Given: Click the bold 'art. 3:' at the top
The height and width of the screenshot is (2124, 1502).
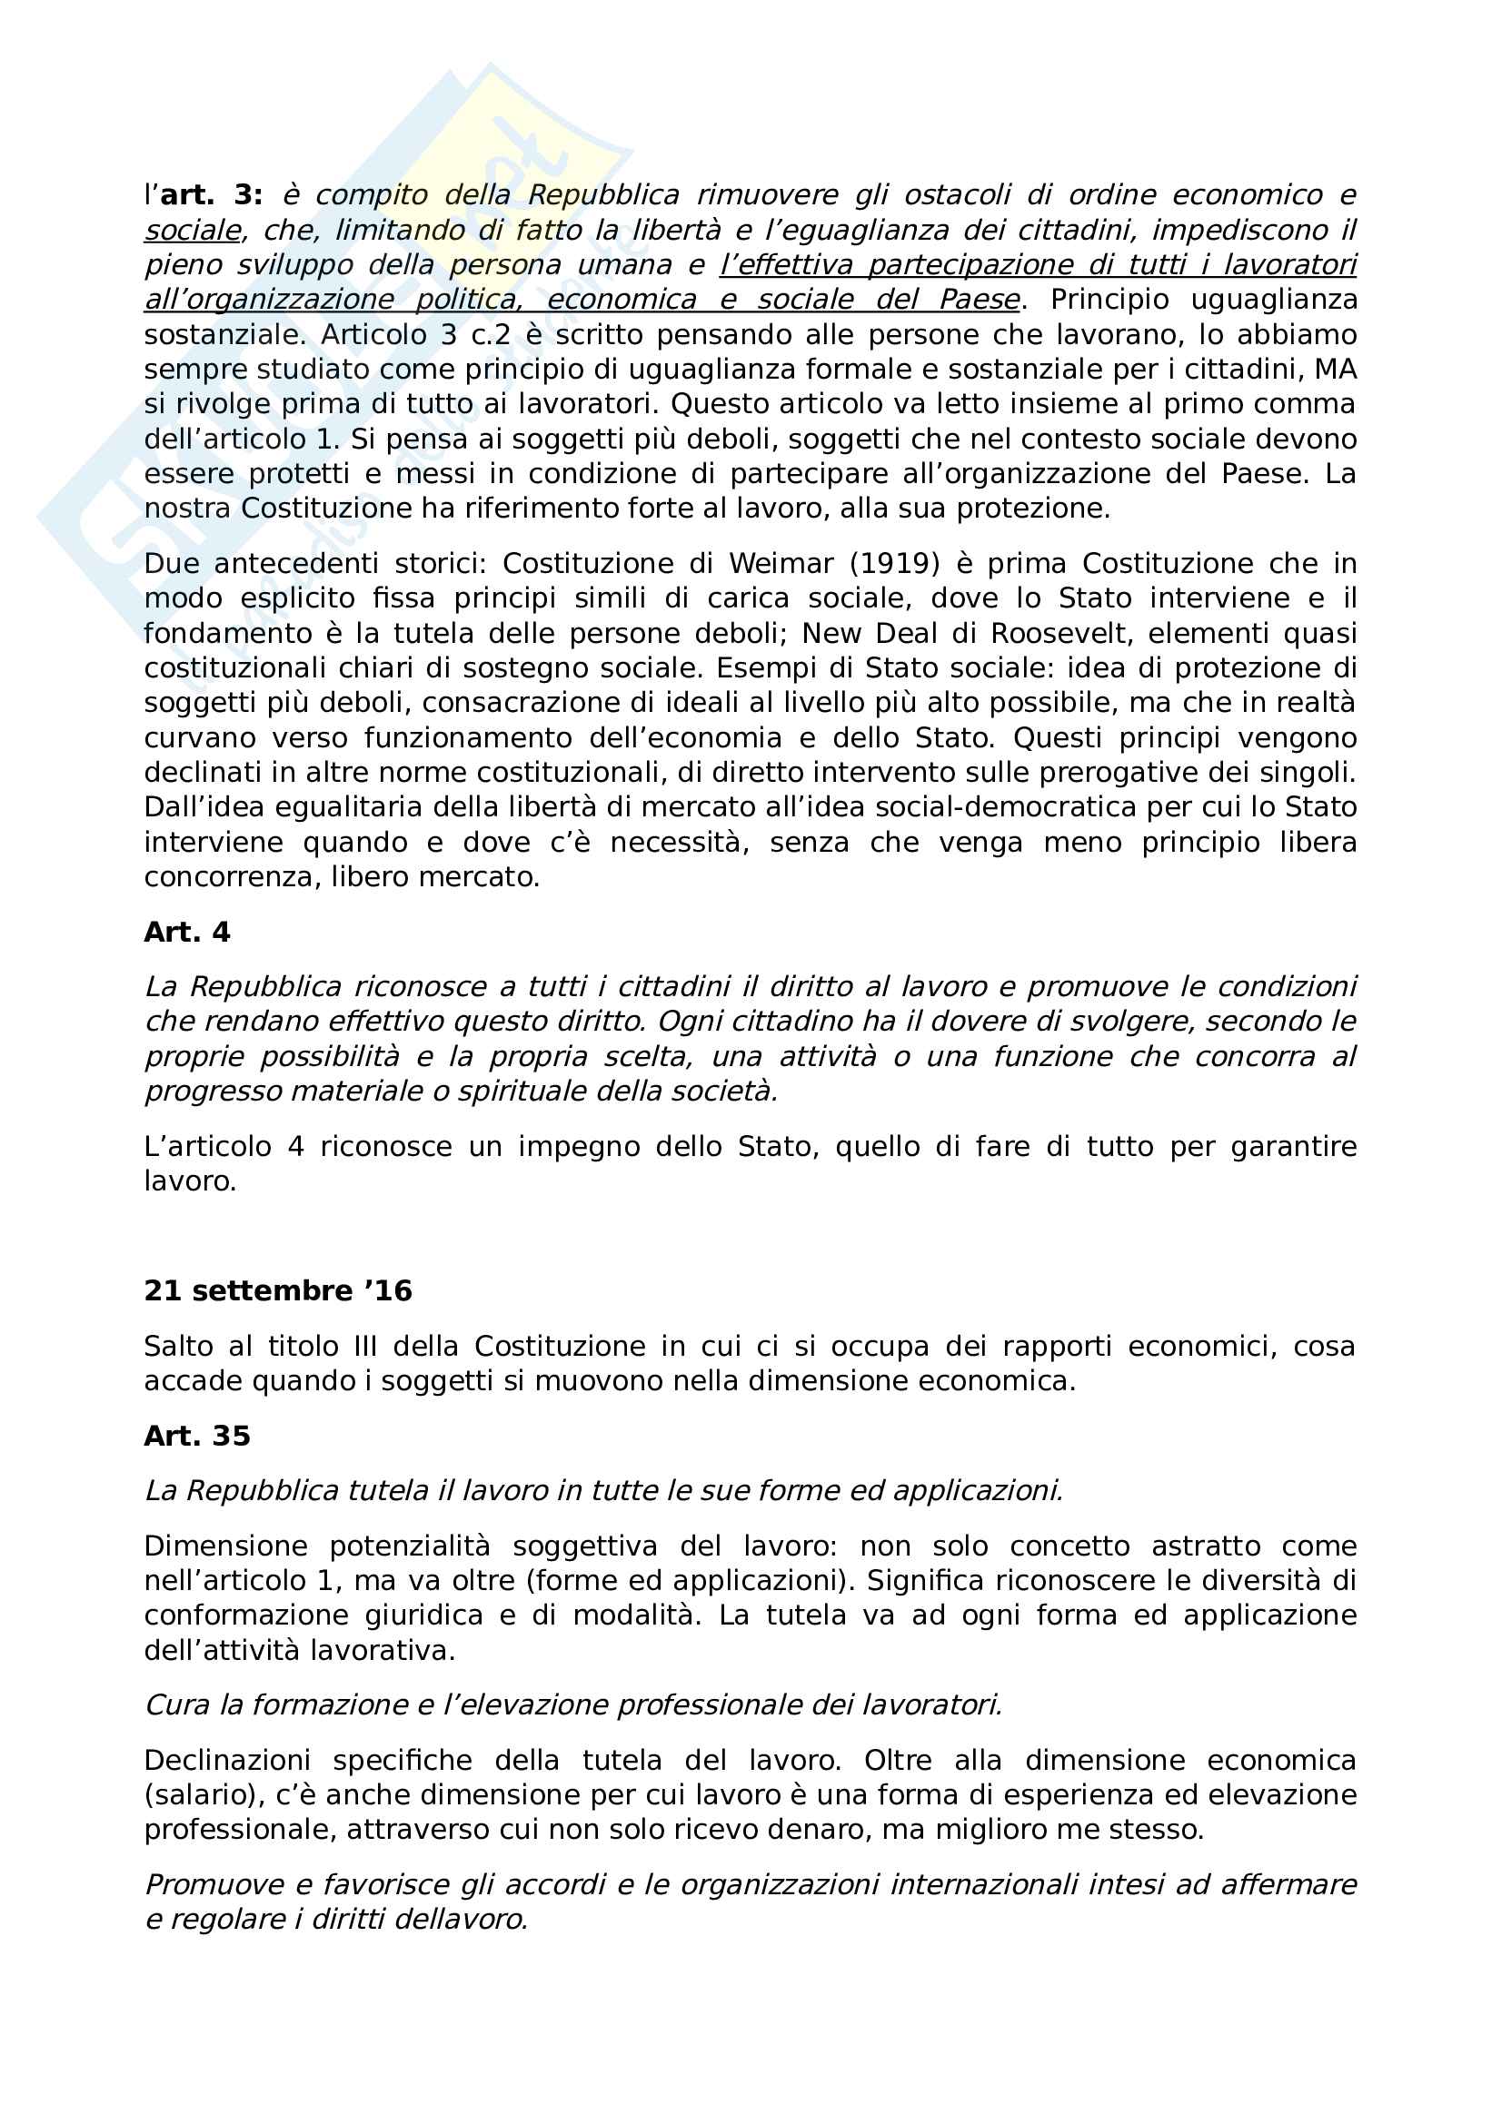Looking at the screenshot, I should coord(211,195).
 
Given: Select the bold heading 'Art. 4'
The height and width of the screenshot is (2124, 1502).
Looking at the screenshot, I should coord(187,932).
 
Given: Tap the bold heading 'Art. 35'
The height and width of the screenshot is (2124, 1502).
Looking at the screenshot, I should coord(197,1436).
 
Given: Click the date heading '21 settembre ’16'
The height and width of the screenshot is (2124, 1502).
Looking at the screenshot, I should coord(278,1290).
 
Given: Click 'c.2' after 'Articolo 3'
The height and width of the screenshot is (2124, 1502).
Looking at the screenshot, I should coord(491,334).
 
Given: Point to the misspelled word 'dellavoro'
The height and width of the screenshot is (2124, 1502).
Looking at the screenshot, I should coord(461,1920).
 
